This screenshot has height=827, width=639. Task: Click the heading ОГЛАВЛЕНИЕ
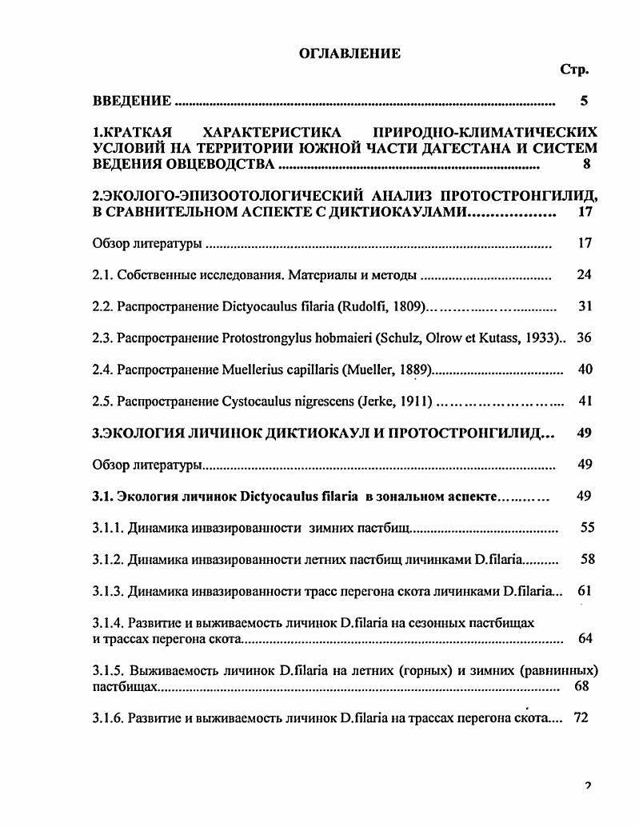point(349,54)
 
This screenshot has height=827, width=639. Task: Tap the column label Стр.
point(575,70)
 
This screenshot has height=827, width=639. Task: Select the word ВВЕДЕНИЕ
point(132,102)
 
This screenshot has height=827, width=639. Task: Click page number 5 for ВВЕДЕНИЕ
point(584,102)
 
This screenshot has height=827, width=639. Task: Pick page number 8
point(586,165)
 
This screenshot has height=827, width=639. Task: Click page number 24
point(584,275)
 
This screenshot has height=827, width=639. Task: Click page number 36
point(584,338)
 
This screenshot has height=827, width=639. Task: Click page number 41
point(584,400)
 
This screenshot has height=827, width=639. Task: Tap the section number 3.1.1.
point(108,528)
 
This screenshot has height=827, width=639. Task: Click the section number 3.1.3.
point(108,590)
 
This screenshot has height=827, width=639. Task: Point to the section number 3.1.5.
point(108,669)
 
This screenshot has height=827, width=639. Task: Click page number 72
point(581,717)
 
